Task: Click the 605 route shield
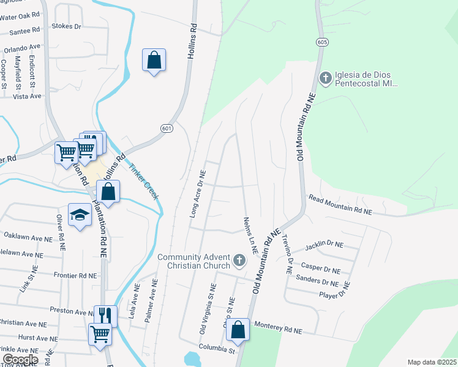[x=322, y=42]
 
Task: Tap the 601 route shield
[x=167, y=128]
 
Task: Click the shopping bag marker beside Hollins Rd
[x=154, y=61]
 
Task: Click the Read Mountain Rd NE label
[x=340, y=204]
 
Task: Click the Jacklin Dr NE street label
[x=324, y=245]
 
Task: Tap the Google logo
[x=20, y=359]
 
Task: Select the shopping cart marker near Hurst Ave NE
[x=100, y=334]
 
